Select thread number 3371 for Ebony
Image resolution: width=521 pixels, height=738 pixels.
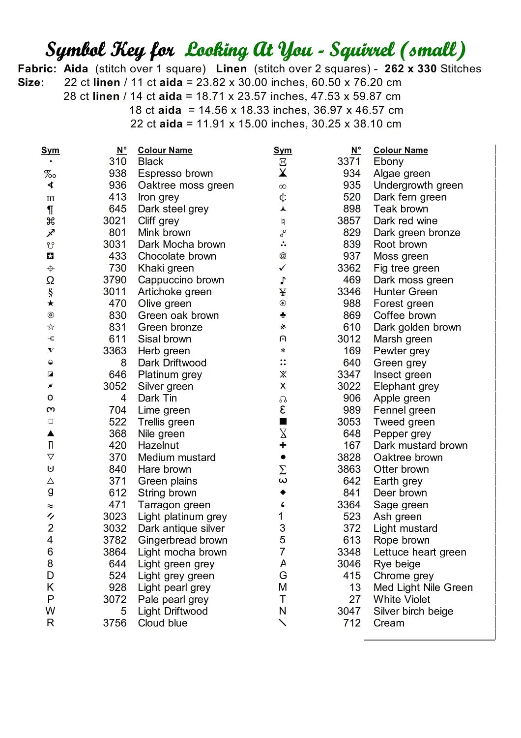348,162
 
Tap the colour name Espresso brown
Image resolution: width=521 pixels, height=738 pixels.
175,174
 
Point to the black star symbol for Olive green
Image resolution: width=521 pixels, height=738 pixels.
51,304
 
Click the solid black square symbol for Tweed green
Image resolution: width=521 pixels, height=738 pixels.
283,422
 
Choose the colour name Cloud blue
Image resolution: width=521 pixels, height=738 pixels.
163,623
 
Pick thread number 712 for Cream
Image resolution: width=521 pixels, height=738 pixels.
352,623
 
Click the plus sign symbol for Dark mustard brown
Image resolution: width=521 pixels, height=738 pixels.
283,445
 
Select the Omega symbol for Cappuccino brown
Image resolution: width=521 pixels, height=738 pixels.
50,280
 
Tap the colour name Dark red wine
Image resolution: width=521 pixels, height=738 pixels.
405,221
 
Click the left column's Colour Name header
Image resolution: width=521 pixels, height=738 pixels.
165,150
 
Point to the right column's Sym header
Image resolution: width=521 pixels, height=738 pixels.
283,150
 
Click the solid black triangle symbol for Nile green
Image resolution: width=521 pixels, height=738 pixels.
51,433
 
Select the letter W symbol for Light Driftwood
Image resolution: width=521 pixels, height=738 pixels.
50,611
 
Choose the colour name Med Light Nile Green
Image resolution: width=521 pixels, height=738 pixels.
423,587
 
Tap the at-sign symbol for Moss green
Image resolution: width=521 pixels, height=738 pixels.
283,256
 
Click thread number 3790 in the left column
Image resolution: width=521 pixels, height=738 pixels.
115,280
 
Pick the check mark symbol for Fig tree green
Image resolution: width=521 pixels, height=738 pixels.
283,268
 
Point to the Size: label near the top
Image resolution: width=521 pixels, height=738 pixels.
30,83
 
